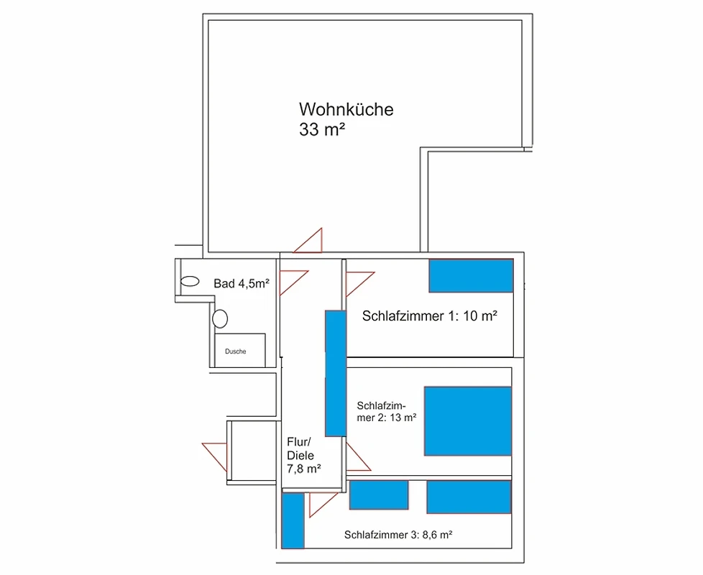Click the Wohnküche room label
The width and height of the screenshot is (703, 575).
click(346, 109)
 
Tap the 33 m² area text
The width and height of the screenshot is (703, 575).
click(322, 129)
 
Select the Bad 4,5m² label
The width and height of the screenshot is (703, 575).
click(242, 283)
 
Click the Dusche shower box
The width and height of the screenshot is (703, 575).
click(240, 351)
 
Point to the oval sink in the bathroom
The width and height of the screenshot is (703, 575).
click(190, 282)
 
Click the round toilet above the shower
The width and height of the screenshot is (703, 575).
click(220, 318)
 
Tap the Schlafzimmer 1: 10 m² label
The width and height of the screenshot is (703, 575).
click(430, 316)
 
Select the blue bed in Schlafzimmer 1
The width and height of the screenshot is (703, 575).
click(472, 276)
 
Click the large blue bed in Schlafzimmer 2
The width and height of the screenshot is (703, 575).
click(468, 421)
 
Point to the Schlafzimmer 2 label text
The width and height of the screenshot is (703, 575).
click(387, 411)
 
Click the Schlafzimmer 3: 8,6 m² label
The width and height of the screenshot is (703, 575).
click(398, 535)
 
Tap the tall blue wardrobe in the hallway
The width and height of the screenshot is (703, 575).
click(336, 373)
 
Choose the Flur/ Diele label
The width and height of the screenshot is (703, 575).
click(300, 448)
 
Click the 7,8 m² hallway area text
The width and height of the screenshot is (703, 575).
click(303, 469)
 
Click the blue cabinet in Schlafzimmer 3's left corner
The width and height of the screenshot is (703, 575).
click(293, 520)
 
